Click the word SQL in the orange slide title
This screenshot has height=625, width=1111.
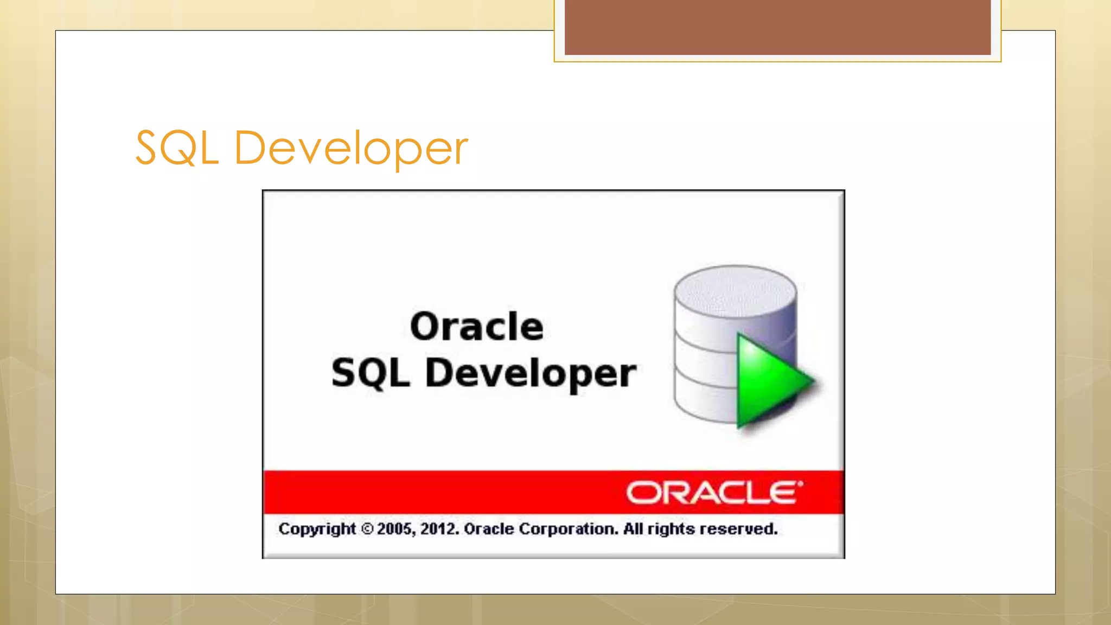coord(177,148)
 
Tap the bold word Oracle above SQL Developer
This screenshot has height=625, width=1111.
coord(476,327)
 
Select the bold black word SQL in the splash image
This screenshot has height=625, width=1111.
coord(371,373)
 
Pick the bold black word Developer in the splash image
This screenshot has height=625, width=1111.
coord(531,373)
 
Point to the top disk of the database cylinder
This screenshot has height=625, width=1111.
coord(735,290)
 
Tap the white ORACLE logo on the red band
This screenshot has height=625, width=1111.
coord(714,493)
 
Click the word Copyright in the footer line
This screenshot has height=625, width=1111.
coord(317,529)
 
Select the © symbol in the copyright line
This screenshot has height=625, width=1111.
coord(367,529)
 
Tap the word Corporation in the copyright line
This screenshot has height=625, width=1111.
coord(569,529)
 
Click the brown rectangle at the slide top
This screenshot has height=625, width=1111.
coord(777,27)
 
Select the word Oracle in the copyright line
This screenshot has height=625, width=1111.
coord(489,529)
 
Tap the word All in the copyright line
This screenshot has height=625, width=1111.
coord(633,529)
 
